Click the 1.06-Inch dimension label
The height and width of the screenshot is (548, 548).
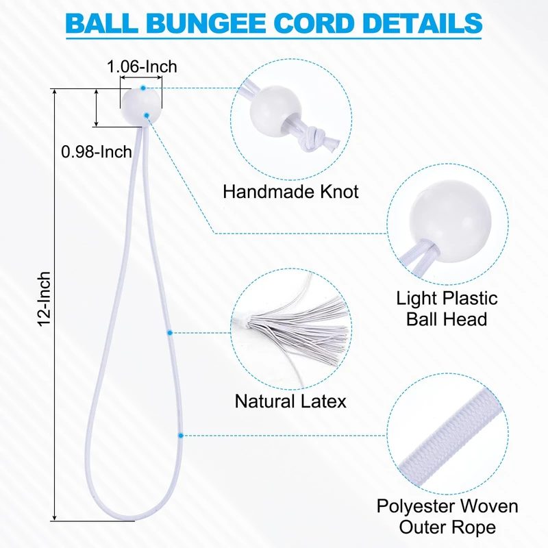tap(142, 66)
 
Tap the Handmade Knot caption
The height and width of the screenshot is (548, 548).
tap(290, 191)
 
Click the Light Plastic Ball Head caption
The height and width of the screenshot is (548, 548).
tap(447, 308)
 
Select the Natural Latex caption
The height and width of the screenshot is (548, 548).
tap(290, 401)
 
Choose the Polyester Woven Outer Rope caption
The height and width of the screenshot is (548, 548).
tap(447, 516)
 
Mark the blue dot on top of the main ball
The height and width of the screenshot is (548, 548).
tap(142, 88)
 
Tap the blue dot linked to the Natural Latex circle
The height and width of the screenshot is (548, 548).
tap(169, 332)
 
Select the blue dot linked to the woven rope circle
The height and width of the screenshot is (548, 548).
tap(180, 434)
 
